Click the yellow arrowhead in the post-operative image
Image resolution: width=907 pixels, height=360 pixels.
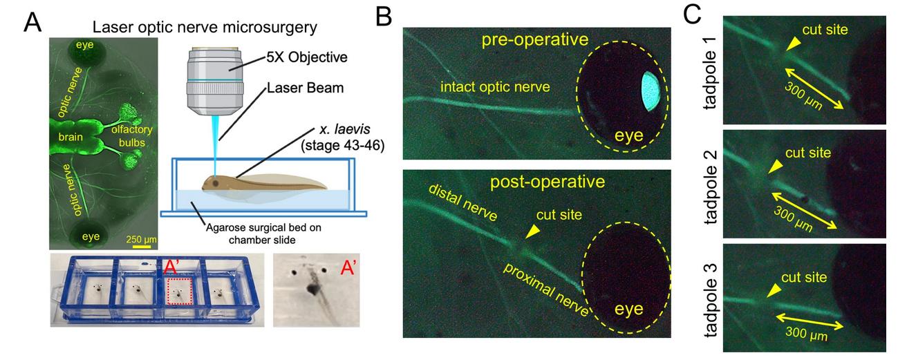click(529, 235)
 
